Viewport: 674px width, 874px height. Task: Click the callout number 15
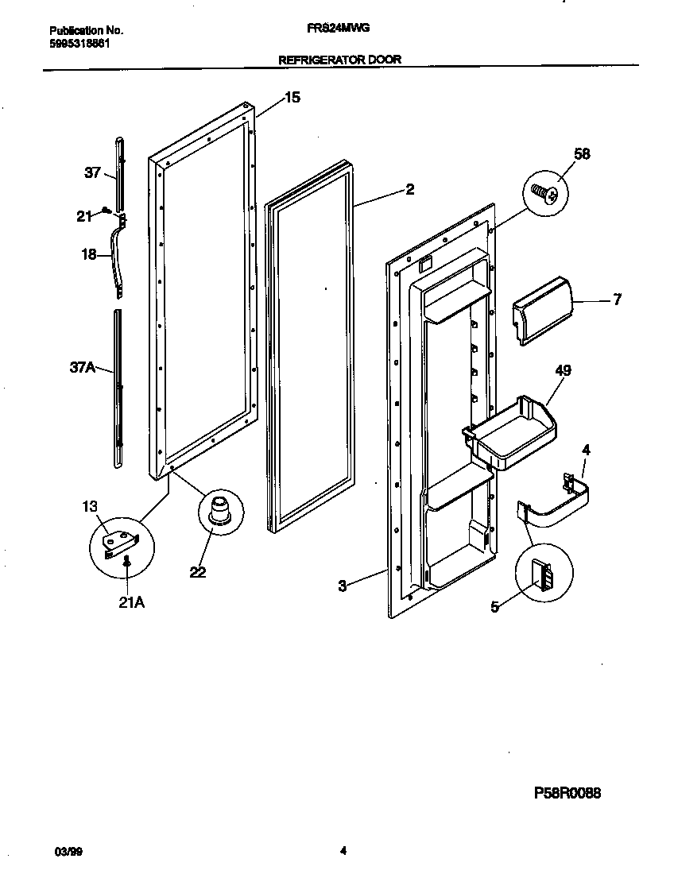click(x=292, y=98)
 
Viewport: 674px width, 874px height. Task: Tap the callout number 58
click(x=582, y=154)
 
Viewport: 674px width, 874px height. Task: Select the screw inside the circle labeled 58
click(x=546, y=191)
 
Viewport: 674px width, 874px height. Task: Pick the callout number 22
click(x=198, y=572)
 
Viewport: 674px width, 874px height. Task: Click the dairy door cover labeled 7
click(x=541, y=311)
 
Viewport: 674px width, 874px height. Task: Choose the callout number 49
click(x=563, y=370)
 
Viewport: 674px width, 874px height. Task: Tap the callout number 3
click(x=342, y=586)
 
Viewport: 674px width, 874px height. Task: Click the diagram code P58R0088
click(x=567, y=793)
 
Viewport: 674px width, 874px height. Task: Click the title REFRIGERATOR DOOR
click(x=339, y=59)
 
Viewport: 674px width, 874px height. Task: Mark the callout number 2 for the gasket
click(x=409, y=189)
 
